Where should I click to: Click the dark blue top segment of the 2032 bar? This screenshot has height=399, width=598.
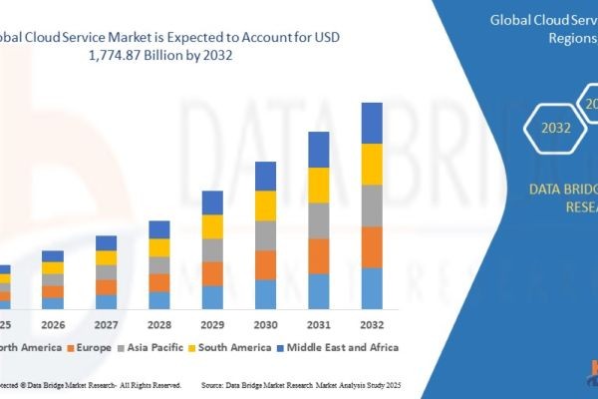(372, 123)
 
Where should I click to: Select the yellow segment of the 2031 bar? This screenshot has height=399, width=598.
(318, 185)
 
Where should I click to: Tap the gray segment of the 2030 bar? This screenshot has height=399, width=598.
(265, 235)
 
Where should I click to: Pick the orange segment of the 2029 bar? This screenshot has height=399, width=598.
(212, 274)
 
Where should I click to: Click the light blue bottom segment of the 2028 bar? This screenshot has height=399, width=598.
(159, 300)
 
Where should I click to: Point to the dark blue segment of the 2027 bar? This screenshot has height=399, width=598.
(106, 242)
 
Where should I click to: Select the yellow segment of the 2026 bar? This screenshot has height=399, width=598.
(52, 267)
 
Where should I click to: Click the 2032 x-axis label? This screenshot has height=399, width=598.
(372, 324)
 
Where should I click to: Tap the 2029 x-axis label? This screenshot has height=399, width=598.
(212, 324)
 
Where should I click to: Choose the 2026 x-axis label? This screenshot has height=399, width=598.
(52, 324)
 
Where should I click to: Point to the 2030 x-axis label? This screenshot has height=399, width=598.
(265, 324)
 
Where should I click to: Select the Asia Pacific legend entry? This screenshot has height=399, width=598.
(150, 347)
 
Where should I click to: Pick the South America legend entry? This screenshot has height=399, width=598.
(234, 347)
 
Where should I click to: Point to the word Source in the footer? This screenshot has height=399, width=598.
(218, 383)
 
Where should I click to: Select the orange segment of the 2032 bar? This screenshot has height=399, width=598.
(372, 247)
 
